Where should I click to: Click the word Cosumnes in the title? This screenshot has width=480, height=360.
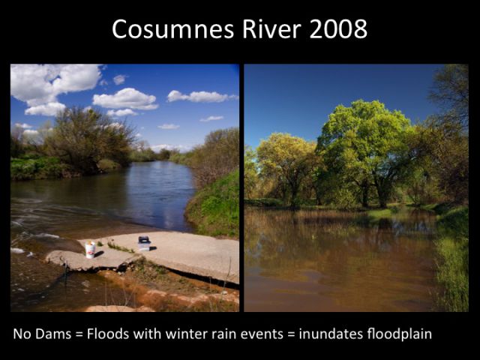point(173,28)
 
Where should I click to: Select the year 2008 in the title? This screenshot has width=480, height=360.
point(338,28)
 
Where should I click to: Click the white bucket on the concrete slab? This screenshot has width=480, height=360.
point(90,250)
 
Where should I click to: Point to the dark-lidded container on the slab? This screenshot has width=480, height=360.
point(144,243)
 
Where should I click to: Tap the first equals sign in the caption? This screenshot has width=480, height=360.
point(79,334)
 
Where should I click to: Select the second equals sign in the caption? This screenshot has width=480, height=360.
point(291,334)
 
